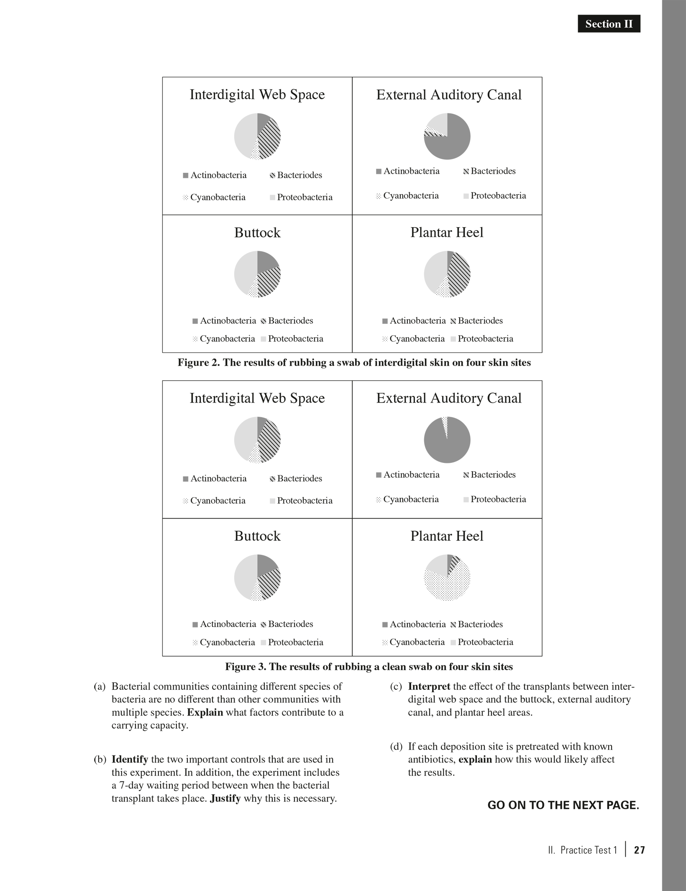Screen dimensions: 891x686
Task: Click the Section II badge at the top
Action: [609, 24]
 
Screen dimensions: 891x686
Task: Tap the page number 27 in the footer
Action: [640, 850]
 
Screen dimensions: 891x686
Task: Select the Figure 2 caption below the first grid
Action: [354, 362]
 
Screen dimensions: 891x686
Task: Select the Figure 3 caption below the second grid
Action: [369, 667]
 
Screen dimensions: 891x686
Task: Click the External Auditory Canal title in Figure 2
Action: [449, 95]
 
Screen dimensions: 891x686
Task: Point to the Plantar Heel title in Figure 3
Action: [447, 536]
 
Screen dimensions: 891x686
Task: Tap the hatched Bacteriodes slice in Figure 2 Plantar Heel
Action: [459, 274]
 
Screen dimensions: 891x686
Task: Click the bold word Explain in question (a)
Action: [205, 712]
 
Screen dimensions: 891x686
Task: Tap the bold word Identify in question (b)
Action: [130, 759]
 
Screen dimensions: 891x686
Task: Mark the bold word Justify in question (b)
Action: [225, 799]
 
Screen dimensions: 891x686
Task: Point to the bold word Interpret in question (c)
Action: [429, 686]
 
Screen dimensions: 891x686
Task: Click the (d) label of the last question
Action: [396, 747]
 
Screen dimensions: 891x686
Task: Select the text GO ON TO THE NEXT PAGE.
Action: [563, 806]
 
